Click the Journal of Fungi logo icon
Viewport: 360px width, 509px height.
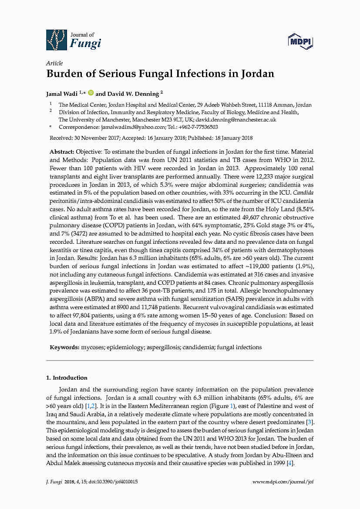click(x=57, y=40)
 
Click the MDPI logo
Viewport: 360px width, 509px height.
click(x=301, y=42)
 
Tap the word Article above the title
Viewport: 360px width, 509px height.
click(x=54, y=63)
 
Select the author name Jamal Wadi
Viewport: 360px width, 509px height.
click(x=62, y=93)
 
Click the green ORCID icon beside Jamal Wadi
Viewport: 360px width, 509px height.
click(x=91, y=93)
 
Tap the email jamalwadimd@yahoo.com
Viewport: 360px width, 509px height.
click(x=133, y=127)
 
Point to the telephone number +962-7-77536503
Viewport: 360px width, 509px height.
click(x=198, y=127)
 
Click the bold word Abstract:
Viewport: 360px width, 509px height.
click(x=62, y=152)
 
